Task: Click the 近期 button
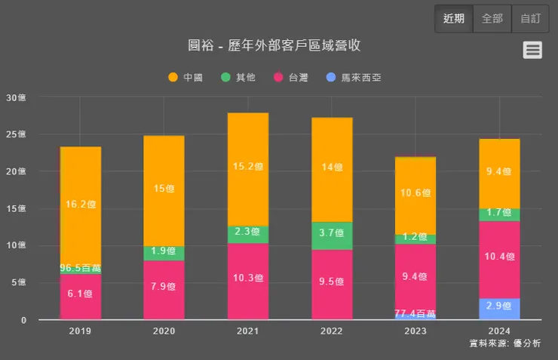coord(454,19)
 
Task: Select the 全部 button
coord(492,19)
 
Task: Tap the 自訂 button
coord(530,19)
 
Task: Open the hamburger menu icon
coord(532,50)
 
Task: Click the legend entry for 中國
coord(185,77)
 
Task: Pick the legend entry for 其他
coord(238,77)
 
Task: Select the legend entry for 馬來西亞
coord(353,77)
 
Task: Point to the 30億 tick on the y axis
coord(16,97)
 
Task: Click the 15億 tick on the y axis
coord(16,209)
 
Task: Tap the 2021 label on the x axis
coord(248,331)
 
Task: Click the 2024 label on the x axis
coord(499,331)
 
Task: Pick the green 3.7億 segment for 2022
coord(332,235)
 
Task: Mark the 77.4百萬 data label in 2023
coord(415,313)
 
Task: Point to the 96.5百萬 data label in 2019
coord(81,268)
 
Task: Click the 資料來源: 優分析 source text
coord(504,343)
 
